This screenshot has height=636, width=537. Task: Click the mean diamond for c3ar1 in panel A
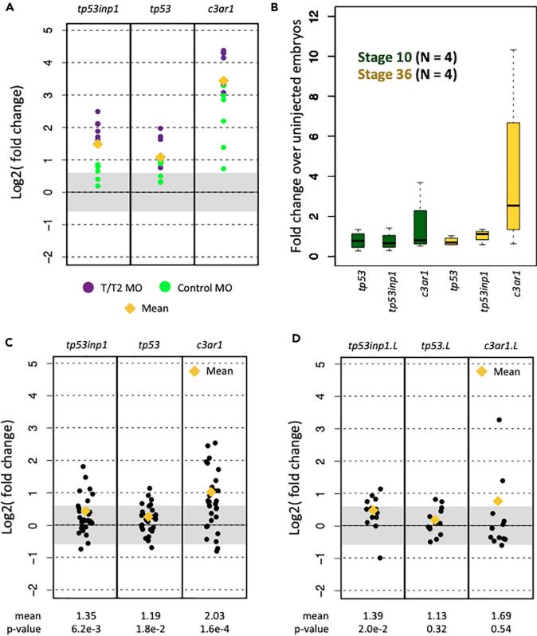tap(224, 80)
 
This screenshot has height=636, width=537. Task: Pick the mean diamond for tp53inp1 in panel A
tap(97, 144)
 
